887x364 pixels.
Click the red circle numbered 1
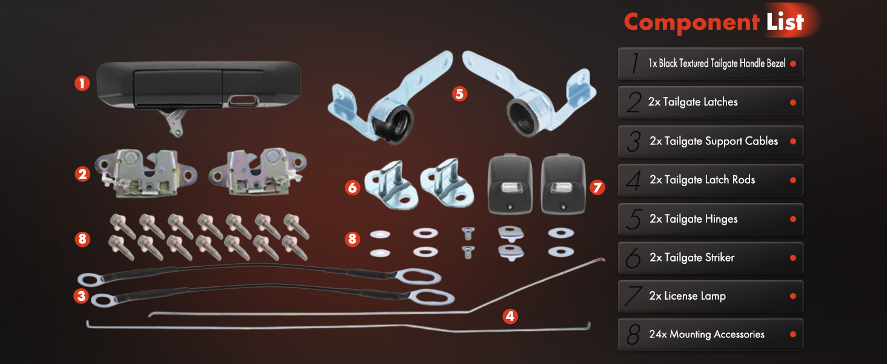click(x=82, y=83)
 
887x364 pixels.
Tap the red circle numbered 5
click(x=459, y=94)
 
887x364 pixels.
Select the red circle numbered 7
click(x=597, y=187)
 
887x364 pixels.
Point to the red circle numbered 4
click(x=510, y=317)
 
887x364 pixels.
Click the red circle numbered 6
click(x=352, y=187)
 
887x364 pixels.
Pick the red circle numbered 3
click(x=82, y=296)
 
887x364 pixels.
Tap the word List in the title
click(x=785, y=21)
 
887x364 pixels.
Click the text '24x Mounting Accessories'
click(x=706, y=334)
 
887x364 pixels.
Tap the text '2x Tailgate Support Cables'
click(x=714, y=141)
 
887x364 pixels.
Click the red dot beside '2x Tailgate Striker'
click(x=792, y=258)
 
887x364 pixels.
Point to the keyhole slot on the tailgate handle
click(x=242, y=101)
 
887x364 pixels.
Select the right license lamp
click(x=563, y=184)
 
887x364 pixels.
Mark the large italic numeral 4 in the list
click(x=634, y=180)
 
